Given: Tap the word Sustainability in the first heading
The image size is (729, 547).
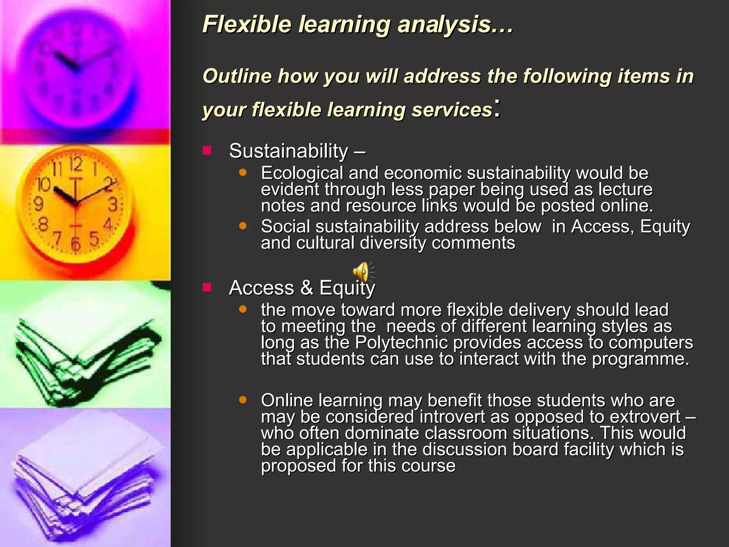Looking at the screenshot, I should [x=288, y=151].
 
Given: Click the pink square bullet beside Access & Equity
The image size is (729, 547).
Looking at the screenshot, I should [x=207, y=287].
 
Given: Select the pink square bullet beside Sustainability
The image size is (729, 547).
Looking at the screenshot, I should [x=207, y=150].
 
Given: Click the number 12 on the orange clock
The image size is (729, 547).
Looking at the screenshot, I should [x=75, y=164].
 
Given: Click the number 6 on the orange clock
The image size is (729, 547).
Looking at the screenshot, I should [x=75, y=244].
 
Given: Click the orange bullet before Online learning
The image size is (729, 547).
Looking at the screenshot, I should [x=243, y=400].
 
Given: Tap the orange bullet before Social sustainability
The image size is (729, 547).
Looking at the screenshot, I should [x=243, y=226].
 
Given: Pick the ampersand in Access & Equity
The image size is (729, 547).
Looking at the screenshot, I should [x=306, y=288].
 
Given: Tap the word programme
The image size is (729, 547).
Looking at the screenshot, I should [x=640, y=359].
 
